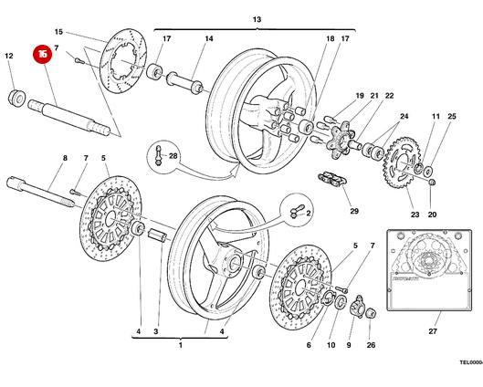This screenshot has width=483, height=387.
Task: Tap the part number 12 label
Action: pyautogui.click(x=10, y=57)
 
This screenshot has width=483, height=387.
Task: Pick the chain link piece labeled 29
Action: pyautogui.click(x=331, y=181)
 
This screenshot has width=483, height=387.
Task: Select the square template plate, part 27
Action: pyautogui.click(x=430, y=269)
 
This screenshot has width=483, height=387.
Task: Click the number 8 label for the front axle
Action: pyautogui.click(x=64, y=159)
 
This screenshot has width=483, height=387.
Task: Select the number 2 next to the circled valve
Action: pyautogui.click(x=309, y=213)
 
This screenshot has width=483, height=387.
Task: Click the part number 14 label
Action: pyautogui.click(x=209, y=39)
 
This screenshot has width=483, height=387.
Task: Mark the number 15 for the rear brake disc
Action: pyautogui.click(x=84, y=31)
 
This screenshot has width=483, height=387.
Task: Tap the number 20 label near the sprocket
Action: pyautogui.click(x=433, y=215)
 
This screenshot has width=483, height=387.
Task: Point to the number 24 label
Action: pyautogui.click(x=404, y=116)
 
